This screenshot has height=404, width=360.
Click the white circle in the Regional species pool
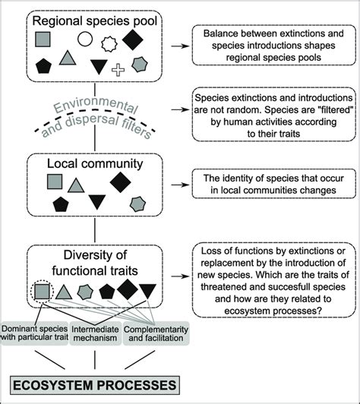click(86, 38)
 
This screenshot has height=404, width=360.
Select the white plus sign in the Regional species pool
click(118, 71)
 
